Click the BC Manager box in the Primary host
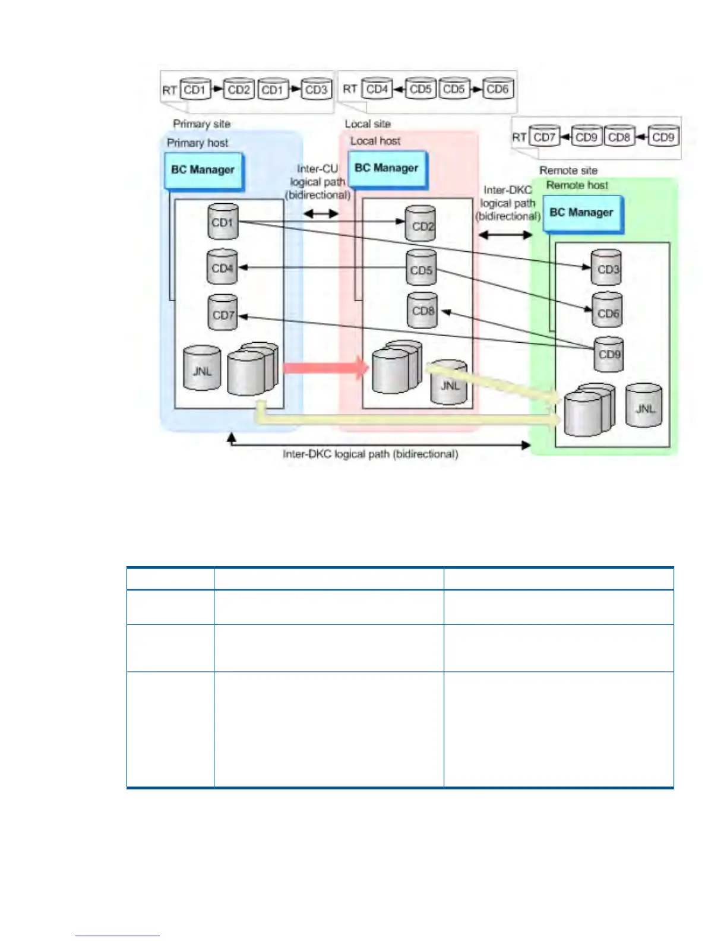tap(203, 170)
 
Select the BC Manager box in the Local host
tap(387, 169)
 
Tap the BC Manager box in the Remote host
tap(581, 213)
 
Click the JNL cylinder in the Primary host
tap(202, 369)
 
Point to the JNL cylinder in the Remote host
tap(644, 406)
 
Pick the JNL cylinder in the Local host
tap(450, 383)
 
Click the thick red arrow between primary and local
tap(325, 368)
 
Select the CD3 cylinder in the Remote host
tap(606, 269)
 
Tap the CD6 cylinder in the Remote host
tap(607, 311)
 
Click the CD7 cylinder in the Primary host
tap(223, 313)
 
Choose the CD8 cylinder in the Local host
tap(422, 310)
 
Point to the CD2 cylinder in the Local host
tap(421, 225)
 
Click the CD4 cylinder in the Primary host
tap(222, 267)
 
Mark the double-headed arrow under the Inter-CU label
tap(321, 213)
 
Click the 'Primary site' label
tap(201, 124)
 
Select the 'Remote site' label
tap(568, 170)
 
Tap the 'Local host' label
tap(375, 141)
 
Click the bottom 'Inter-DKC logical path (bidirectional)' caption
tap(370, 454)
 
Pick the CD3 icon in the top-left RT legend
tap(315, 89)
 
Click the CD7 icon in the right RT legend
tap(543, 137)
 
